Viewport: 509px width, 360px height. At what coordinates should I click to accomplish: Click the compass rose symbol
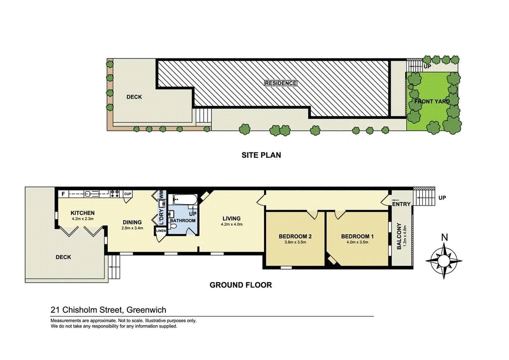pyautogui.click(x=444, y=261)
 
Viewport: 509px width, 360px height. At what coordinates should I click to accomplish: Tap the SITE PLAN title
pyautogui.click(x=261, y=155)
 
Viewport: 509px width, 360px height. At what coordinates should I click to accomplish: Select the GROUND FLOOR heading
pyautogui.click(x=241, y=285)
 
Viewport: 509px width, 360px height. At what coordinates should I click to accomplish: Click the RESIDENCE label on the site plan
pyautogui.click(x=281, y=83)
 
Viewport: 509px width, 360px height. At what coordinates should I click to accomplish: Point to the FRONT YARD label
pyautogui.click(x=432, y=101)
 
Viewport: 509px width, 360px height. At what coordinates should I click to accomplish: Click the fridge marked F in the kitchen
pyautogui.click(x=63, y=194)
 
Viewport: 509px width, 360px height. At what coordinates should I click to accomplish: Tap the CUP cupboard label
pyautogui.click(x=128, y=194)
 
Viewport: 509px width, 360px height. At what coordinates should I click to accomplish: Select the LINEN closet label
pyautogui.click(x=161, y=231)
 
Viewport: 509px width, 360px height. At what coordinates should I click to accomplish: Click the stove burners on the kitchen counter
pyautogui.click(x=115, y=194)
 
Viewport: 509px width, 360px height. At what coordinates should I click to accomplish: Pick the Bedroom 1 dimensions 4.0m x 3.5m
pyautogui.click(x=357, y=242)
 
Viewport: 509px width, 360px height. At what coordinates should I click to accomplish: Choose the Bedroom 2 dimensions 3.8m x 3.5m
pyautogui.click(x=295, y=242)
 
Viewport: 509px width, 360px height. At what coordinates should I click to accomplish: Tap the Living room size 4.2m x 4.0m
pyautogui.click(x=232, y=224)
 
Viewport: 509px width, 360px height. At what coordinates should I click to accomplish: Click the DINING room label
pyautogui.click(x=132, y=222)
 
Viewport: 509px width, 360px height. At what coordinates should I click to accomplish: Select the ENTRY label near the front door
pyautogui.click(x=401, y=204)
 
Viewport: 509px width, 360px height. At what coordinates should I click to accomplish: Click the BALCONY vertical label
pyautogui.click(x=399, y=236)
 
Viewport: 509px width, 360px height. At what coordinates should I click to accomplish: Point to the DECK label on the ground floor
pyautogui.click(x=63, y=257)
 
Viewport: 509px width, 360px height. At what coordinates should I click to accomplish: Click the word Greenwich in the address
pyautogui.click(x=146, y=310)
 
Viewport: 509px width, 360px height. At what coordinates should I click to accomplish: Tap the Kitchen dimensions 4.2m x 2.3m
pyautogui.click(x=83, y=219)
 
